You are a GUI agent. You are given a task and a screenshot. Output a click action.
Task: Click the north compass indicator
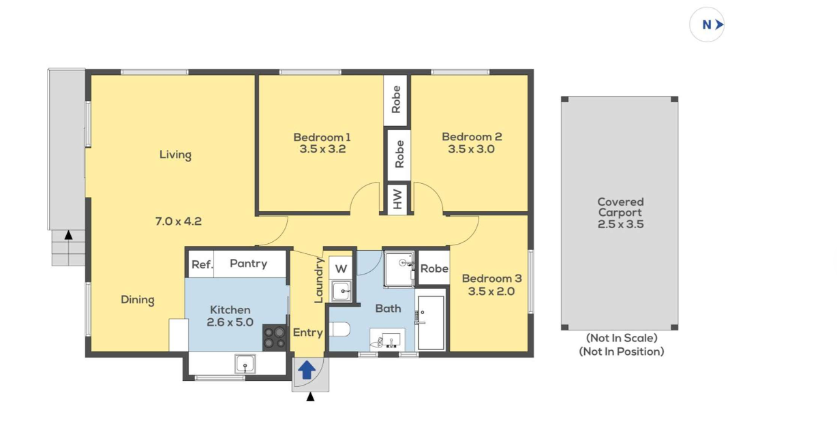pyautogui.click(x=707, y=25)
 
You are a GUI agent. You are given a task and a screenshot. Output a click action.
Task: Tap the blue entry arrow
pyautogui.click(x=307, y=370)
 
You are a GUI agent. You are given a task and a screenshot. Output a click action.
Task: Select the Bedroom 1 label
pyautogui.click(x=322, y=138)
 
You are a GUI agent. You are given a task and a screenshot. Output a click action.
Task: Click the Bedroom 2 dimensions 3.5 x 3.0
pyautogui.click(x=471, y=149)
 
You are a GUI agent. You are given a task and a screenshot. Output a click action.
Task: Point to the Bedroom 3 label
pyautogui.click(x=491, y=279)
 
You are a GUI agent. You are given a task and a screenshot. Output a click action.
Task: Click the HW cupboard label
pyautogui.click(x=397, y=199)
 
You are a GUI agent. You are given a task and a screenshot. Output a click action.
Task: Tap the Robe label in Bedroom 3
pyautogui.click(x=434, y=268)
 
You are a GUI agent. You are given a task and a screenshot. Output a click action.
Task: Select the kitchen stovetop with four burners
pyautogui.click(x=275, y=337)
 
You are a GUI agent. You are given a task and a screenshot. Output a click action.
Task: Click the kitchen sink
pyautogui.click(x=245, y=364)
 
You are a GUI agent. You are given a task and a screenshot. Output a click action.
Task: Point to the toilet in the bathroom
pyautogui.click(x=339, y=330)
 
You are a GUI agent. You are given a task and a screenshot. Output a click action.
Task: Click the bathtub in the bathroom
pyautogui.click(x=431, y=323)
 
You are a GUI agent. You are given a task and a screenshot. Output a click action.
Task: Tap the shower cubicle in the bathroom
pyautogui.click(x=399, y=269)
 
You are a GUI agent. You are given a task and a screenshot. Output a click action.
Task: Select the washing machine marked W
pyautogui.click(x=341, y=268)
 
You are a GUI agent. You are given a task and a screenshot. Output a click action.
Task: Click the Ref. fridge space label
pyautogui.click(x=202, y=265)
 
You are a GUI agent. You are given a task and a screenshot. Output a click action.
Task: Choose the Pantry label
pyautogui.click(x=249, y=264)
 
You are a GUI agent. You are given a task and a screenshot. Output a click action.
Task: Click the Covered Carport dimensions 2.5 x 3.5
pyautogui.click(x=621, y=224)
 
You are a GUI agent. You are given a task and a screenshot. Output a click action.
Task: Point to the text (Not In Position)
pyautogui.click(x=622, y=352)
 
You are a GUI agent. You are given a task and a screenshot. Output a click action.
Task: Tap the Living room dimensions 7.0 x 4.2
pyautogui.click(x=178, y=221)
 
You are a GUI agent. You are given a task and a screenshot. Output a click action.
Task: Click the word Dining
pyautogui.click(x=138, y=300)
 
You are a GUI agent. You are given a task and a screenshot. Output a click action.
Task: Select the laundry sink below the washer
pyautogui.click(x=341, y=291)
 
